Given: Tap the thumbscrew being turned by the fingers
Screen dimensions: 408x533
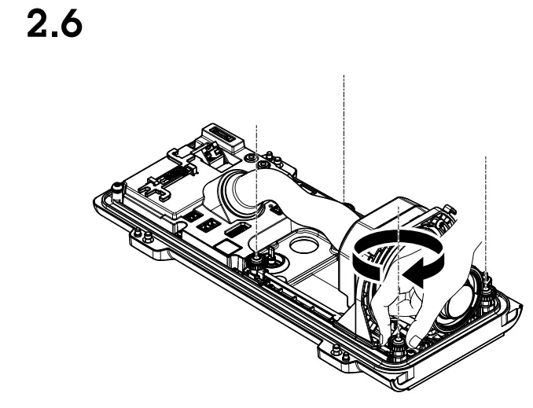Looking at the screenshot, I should coord(399,337).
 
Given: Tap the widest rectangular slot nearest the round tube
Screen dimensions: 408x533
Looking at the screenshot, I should coord(236,230).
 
